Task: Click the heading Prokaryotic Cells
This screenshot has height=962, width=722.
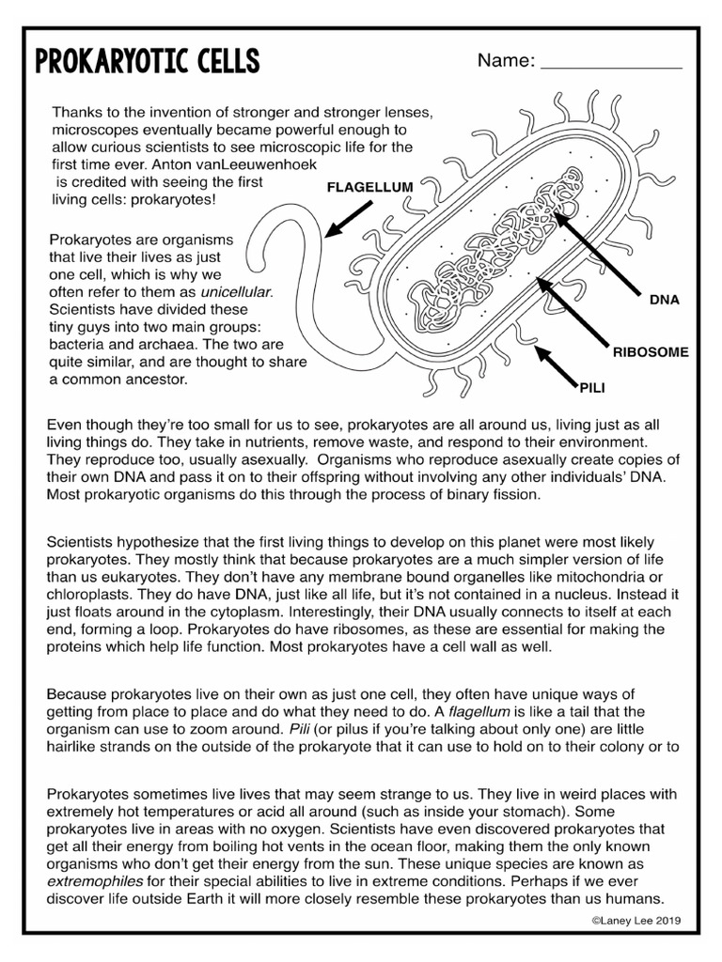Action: tap(147, 63)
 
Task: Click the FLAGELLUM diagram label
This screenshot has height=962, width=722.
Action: tap(369, 187)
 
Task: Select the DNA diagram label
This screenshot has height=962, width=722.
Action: tap(664, 302)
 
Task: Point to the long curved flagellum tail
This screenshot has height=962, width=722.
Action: tap(282, 282)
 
